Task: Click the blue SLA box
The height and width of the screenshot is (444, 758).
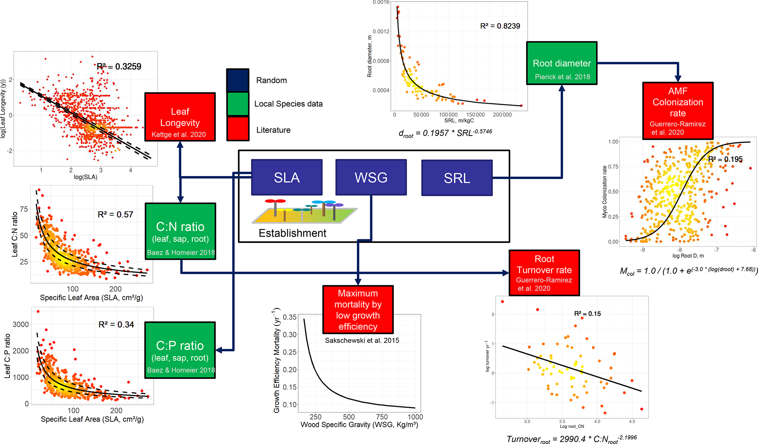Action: click(x=287, y=177)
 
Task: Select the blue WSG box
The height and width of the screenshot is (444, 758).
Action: click(x=371, y=177)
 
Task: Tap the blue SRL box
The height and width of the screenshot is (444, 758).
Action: click(x=457, y=178)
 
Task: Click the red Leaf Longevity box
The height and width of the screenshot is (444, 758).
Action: click(x=180, y=117)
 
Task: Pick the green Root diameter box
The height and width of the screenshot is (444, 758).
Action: click(x=561, y=63)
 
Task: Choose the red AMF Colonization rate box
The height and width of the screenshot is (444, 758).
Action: click(x=677, y=111)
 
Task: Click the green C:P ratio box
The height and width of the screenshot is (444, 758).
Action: click(x=180, y=350)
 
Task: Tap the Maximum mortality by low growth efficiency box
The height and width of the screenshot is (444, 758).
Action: click(x=358, y=310)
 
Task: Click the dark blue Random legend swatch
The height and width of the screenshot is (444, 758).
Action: click(x=238, y=80)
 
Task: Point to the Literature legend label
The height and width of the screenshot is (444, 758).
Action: click(x=273, y=130)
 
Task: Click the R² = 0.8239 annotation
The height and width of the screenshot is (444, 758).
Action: click(x=500, y=26)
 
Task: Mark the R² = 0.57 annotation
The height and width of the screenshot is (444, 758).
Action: click(x=115, y=215)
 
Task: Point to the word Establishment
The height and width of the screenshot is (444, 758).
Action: click(x=292, y=233)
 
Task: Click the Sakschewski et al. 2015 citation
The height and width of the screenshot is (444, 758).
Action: click(x=362, y=340)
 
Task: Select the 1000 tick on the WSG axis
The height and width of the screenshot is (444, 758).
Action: click(x=415, y=417)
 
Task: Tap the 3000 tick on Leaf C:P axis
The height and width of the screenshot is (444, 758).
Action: click(x=21, y=325)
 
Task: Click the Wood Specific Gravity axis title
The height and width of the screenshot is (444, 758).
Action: click(x=359, y=425)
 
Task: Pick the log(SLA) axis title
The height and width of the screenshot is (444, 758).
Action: click(x=85, y=177)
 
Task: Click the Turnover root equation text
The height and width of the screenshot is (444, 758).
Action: click(x=571, y=439)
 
